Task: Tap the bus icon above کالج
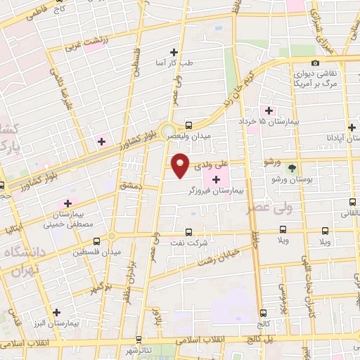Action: (263, 313)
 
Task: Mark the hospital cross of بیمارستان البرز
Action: (56, 313)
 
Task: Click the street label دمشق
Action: (131, 185)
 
